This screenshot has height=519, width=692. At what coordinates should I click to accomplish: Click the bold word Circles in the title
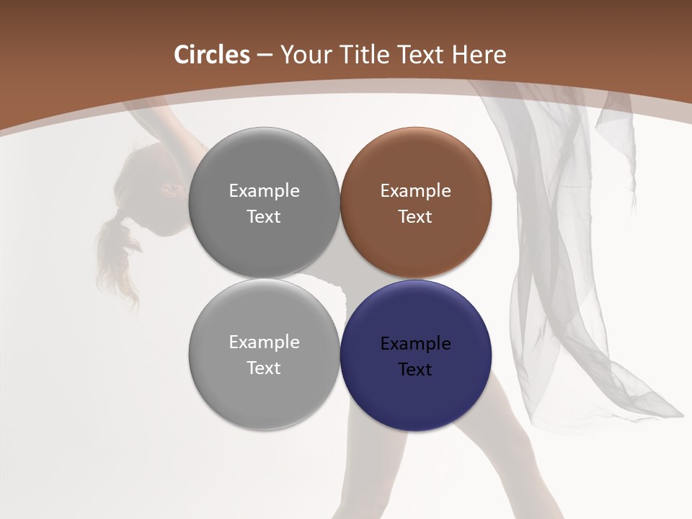211,55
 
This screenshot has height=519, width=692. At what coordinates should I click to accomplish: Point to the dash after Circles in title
265,56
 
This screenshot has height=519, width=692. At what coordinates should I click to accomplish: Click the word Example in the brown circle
416,191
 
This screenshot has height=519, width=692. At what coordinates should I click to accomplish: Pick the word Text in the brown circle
416,216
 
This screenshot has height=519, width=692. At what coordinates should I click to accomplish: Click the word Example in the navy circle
416,344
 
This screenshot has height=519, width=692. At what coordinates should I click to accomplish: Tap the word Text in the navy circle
416,369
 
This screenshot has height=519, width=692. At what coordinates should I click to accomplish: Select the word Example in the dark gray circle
264,191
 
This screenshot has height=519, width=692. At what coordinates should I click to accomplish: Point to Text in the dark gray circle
264,216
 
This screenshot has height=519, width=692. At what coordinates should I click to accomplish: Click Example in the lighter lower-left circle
264,342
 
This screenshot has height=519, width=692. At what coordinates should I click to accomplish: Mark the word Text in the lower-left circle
264,368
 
